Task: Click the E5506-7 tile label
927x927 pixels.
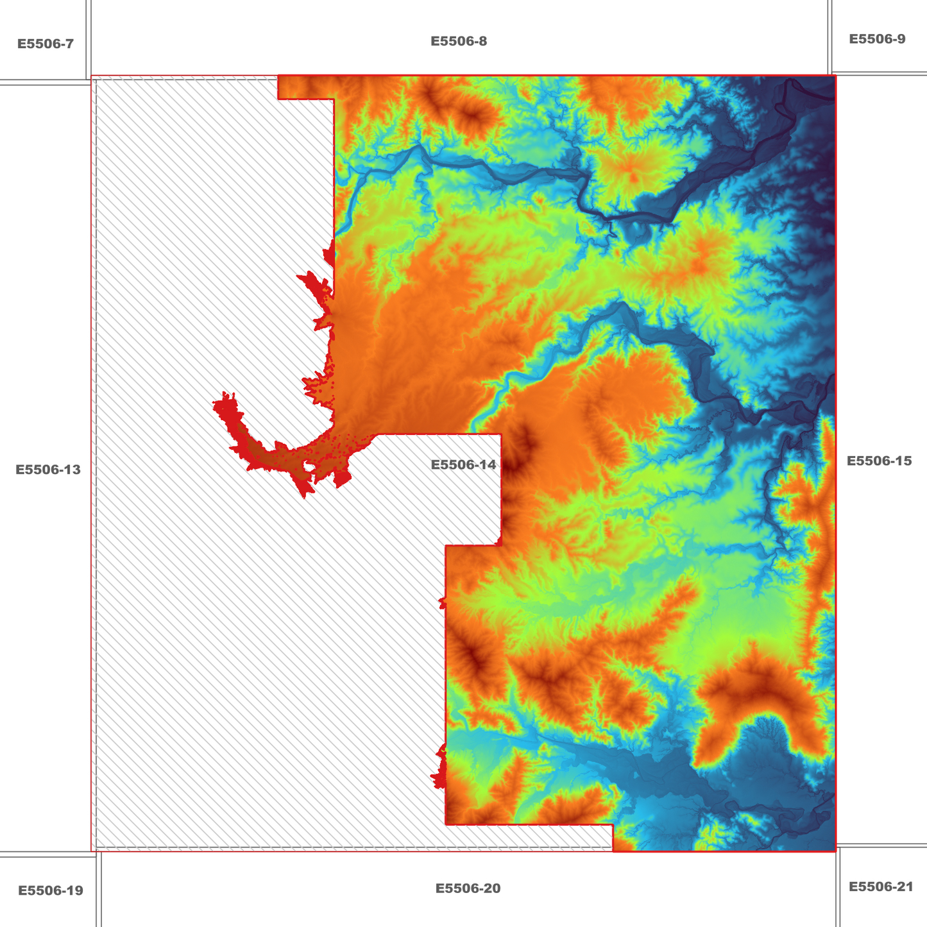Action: coord(45,44)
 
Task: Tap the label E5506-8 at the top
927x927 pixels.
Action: coord(458,42)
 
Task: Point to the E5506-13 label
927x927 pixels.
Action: coord(48,470)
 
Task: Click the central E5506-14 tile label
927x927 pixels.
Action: coord(463,465)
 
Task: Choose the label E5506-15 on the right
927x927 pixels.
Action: coord(878,461)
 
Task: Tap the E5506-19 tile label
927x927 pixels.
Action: coord(50,890)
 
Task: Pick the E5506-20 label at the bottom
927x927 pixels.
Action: coord(468,889)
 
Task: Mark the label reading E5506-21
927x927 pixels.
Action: coord(880,887)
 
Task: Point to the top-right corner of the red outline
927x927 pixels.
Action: coord(835,76)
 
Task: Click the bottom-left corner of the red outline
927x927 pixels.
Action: coord(92,851)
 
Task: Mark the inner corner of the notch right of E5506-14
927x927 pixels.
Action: coord(500,545)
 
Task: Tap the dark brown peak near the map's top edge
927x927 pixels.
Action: coord(472,115)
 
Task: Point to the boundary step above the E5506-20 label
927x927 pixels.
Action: coord(613,825)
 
